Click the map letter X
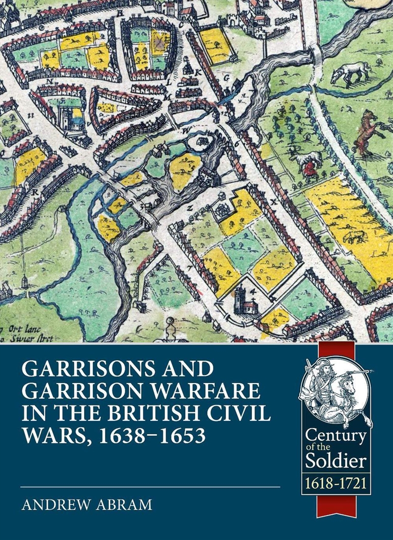pos(274,201)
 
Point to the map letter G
pos(226,78)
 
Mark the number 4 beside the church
pos(253,291)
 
